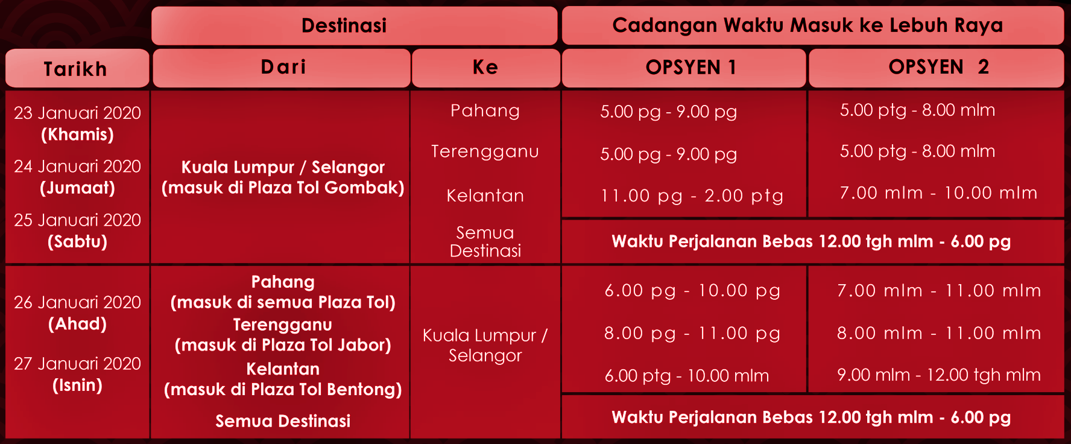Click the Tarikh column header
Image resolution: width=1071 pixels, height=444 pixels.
[75, 69]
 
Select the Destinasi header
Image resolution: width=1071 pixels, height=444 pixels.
[344, 25]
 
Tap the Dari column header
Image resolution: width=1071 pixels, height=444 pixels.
[283, 66]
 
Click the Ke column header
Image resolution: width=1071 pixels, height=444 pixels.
[485, 66]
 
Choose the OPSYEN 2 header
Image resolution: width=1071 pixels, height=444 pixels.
[939, 66]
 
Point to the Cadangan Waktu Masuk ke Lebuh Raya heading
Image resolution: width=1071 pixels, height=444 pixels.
[807, 25]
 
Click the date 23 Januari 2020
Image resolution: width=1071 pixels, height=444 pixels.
[77, 113]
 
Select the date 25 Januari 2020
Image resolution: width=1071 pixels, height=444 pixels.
[77, 220]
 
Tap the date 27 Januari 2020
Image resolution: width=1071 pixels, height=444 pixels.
[77, 363]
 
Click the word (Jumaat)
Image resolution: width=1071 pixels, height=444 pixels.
[77, 188]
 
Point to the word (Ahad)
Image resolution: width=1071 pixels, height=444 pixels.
[77, 324]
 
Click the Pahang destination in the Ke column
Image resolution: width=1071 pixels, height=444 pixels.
[485, 111]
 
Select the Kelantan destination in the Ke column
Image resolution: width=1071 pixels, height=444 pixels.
[485, 195]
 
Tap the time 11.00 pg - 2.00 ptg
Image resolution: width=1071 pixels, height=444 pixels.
[692, 195]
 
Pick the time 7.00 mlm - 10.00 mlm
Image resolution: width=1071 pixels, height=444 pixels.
[938, 193]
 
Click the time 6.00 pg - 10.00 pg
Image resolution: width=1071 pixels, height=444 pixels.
[692, 291]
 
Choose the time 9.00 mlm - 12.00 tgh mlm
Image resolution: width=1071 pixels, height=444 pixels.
[939, 375]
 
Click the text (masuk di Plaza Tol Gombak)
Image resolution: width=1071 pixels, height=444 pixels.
[283, 188]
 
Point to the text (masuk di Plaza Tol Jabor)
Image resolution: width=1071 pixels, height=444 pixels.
[283, 345]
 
